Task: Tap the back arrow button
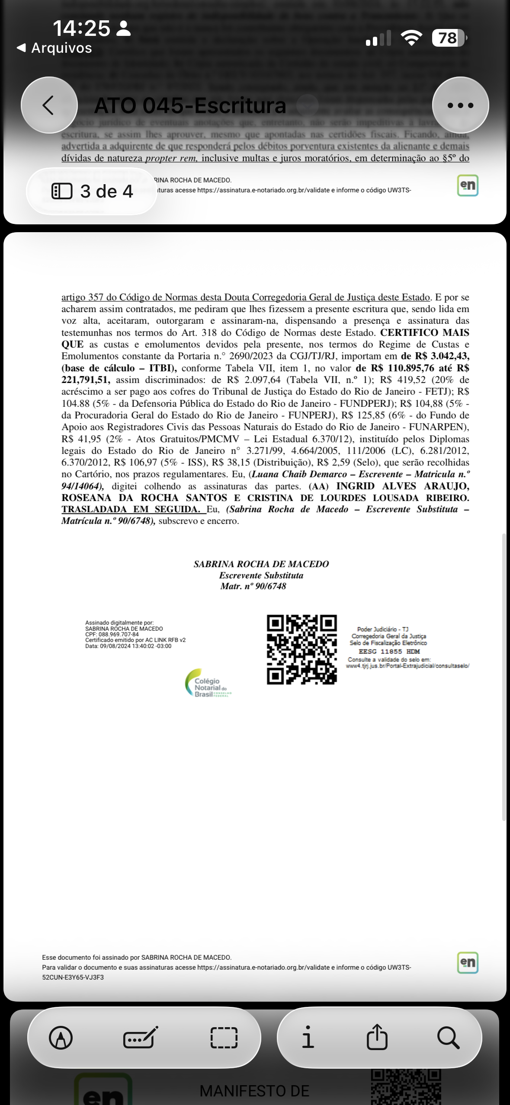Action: click(49, 105)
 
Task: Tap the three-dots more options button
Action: click(460, 105)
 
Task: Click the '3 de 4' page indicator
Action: click(92, 191)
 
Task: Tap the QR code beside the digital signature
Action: click(302, 649)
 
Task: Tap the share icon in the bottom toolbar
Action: click(377, 1037)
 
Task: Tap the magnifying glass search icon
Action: click(448, 1037)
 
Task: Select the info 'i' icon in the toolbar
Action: click(308, 1037)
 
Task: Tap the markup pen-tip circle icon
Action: click(61, 1037)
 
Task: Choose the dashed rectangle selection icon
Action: click(224, 1037)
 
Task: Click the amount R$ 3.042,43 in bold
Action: click(442, 356)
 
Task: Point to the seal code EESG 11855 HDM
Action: click(389, 652)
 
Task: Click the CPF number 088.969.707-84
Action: click(119, 635)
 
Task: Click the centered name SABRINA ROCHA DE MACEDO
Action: click(261, 564)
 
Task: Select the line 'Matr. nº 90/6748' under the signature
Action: click(253, 587)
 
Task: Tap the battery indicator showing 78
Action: click(449, 38)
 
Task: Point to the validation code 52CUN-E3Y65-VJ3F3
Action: click(73, 977)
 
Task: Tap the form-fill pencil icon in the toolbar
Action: click(141, 1037)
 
